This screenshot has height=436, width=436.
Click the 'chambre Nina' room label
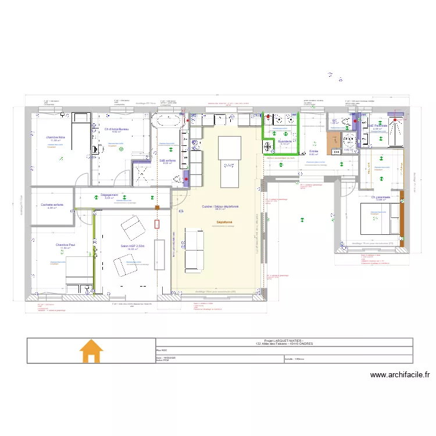[56, 137]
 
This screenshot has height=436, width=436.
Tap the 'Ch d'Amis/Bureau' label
[116, 128]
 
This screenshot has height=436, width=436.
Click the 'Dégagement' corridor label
[109, 195]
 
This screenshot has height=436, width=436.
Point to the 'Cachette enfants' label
[52, 205]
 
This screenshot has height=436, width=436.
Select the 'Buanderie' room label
[285, 141]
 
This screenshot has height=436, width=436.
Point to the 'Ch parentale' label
[381, 196]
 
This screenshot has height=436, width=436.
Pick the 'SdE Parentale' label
[381, 126]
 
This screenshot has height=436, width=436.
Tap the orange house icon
[91, 351]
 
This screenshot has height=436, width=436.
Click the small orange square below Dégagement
[156, 207]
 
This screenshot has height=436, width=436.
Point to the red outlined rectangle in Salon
[156, 224]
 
